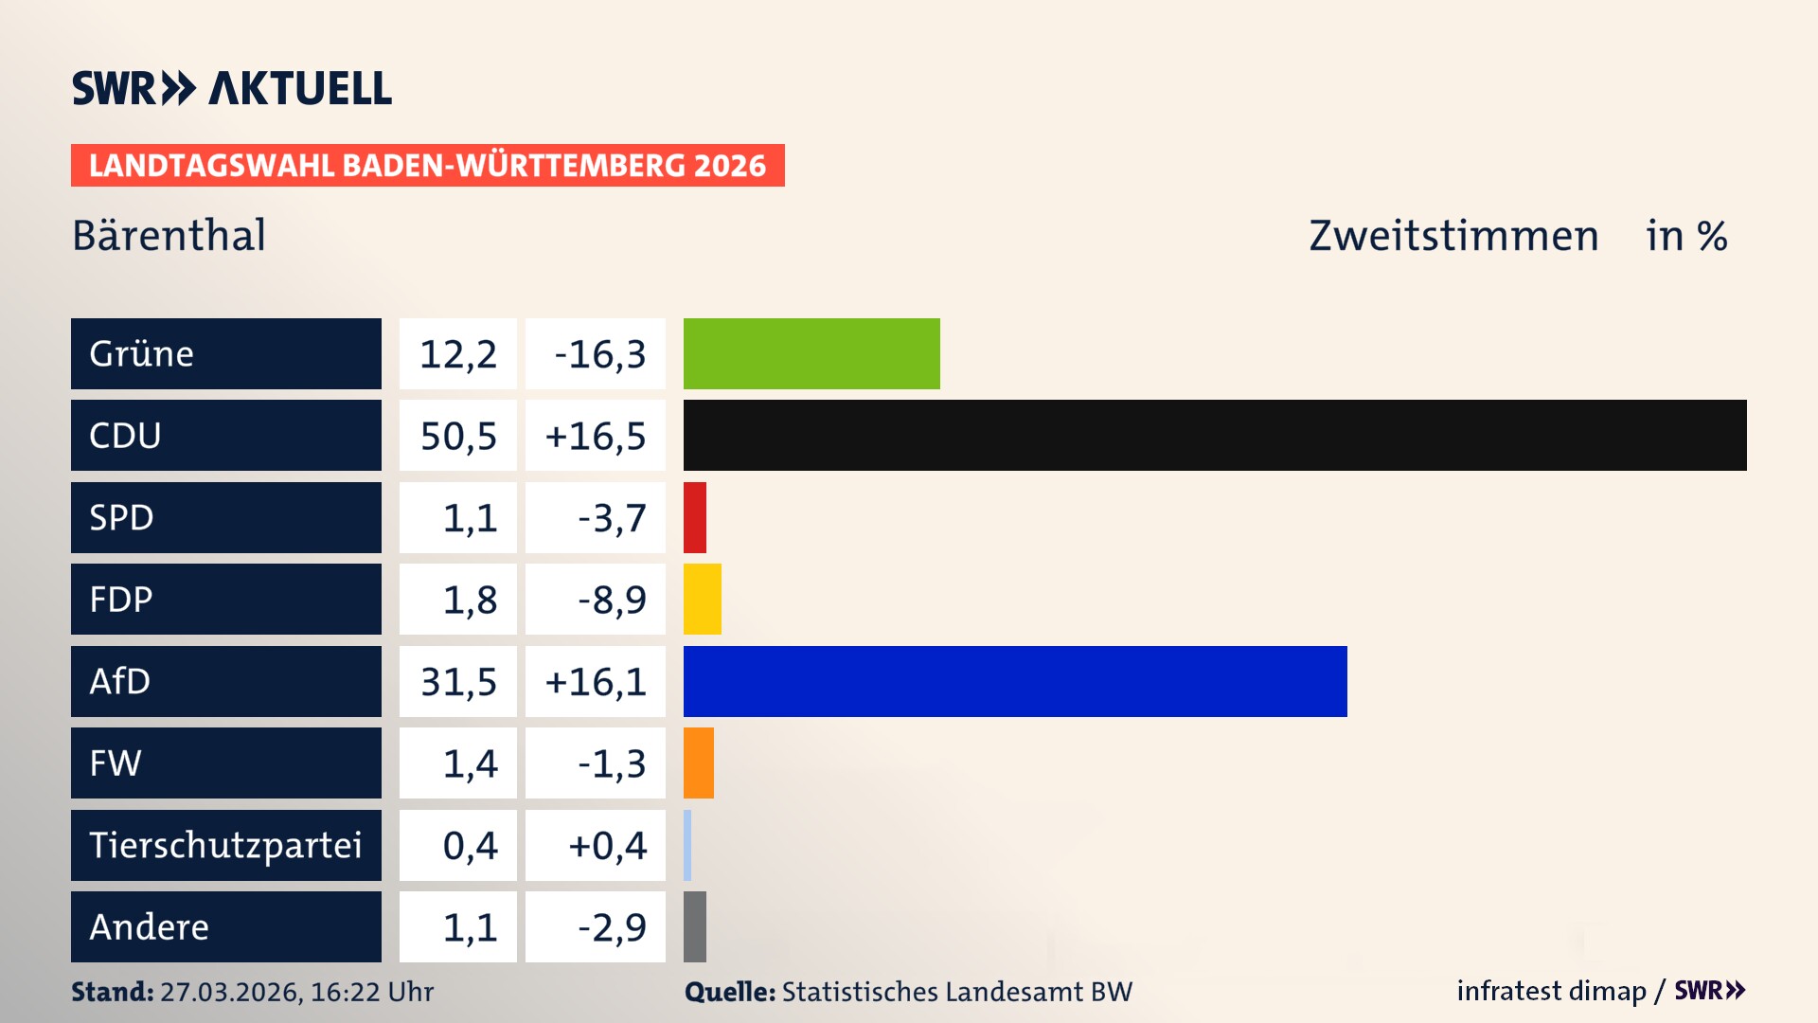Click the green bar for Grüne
(x=811, y=353)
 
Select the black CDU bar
(x=1215, y=436)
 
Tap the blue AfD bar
(x=1015, y=681)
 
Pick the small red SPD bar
(x=695, y=517)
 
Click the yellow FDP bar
(x=702, y=599)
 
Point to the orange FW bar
(x=699, y=763)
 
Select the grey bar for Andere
(x=695, y=926)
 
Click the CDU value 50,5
(x=458, y=436)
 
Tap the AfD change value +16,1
(x=596, y=681)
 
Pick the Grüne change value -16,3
(x=599, y=354)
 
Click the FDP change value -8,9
(x=612, y=600)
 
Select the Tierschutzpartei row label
(x=225, y=845)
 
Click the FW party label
(x=116, y=763)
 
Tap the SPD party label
(x=121, y=517)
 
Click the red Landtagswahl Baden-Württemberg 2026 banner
(x=427, y=166)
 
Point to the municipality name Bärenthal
(x=169, y=236)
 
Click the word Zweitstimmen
(x=1453, y=236)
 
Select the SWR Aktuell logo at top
(x=232, y=88)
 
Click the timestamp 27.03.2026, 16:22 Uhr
(x=296, y=992)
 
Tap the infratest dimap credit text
(x=1551, y=991)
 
